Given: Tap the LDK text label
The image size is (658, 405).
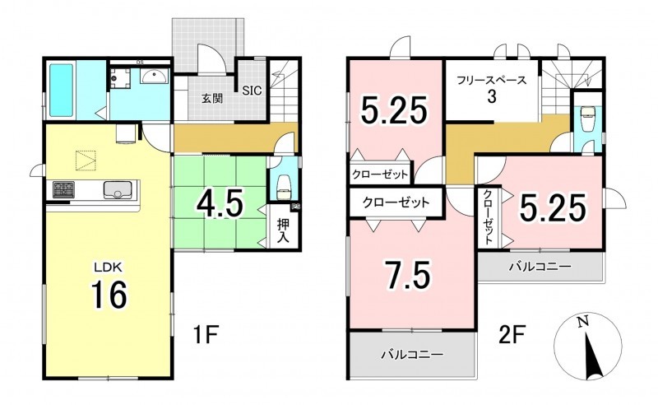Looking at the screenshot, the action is point(108,267).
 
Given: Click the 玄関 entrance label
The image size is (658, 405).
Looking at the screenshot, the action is point(212,99).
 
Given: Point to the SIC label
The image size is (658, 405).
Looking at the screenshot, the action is point(252,91).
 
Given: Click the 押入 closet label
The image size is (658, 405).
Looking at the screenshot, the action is point(283,231).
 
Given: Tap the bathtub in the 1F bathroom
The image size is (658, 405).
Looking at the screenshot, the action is point(63,90).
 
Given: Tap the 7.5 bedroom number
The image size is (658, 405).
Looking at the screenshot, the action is point(409,275).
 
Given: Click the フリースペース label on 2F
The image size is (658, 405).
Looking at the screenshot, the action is point(491,80).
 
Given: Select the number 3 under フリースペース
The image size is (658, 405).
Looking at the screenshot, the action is point(491,96).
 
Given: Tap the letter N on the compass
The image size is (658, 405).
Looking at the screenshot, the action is point(582,322).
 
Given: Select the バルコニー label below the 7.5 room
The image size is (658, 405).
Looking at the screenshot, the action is point(412,355).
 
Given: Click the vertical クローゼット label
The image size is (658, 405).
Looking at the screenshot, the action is point(489,217).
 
